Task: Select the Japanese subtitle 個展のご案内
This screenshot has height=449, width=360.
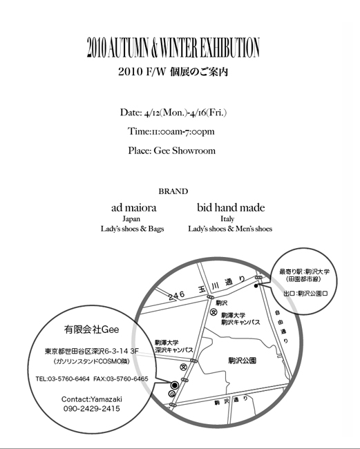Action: pyautogui.click(x=199, y=72)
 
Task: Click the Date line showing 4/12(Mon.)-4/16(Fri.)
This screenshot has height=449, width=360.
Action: pyautogui.click(x=173, y=113)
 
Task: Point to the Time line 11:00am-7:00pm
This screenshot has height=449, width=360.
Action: pyautogui.click(x=171, y=131)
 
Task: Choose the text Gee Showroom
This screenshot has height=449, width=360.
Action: pyautogui.click(x=184, y=151)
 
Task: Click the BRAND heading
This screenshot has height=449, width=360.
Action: pyautogui.click(x=173, y=191)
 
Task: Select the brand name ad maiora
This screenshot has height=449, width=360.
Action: pyautogui.click(x=134, y=208)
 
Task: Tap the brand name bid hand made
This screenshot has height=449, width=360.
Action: pyautogui.click(x=231, y=208)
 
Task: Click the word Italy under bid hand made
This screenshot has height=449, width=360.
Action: pyautogui.click(x=227, y=219)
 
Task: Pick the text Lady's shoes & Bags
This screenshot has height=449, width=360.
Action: pyautogui.click(x=132, y=229)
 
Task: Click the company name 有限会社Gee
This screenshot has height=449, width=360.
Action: pyautogui.click(x=91, y=329)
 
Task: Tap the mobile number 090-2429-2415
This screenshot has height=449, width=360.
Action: pyautogui.click(x=92, y=408)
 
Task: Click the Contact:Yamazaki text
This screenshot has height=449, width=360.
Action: pyautogui.click(x=92, y=399)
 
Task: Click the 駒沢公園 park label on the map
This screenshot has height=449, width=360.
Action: pyautogui.click(x=243, y=361)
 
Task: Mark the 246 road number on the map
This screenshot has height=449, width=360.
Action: pyautogui.click(x=176, y=296)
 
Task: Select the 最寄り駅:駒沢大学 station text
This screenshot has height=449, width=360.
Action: pyautogui.click(x=304, y=271)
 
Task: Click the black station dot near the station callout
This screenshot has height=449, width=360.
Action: pyautogui.click(x=256, y=285)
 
